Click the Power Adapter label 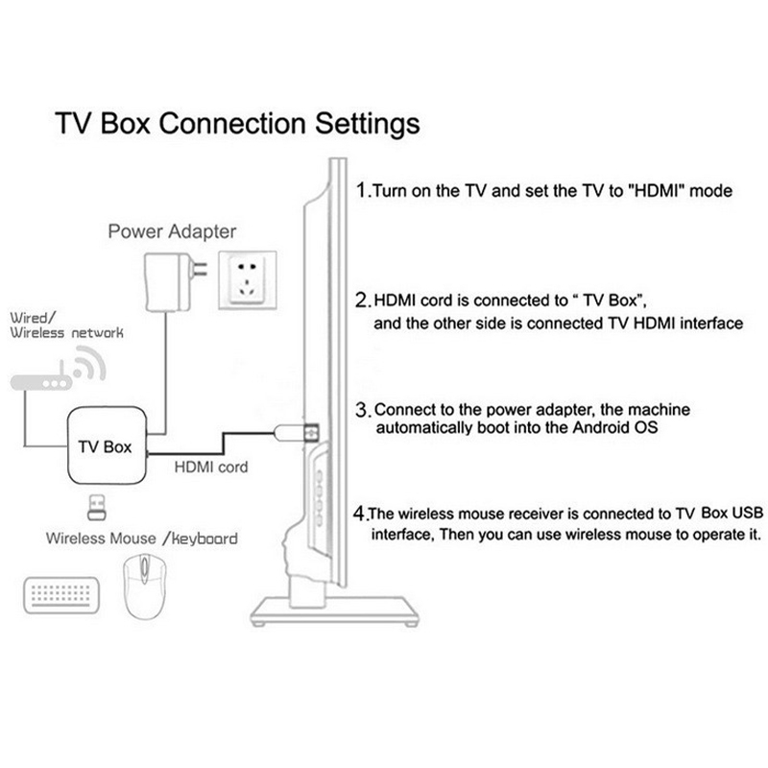pos(172,231)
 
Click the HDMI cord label pos(211,468)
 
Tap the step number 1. pos(361,190)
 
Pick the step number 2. pos(361,300)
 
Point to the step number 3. pos(362,409)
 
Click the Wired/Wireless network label pos(65,324)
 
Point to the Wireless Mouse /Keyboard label pos(141,539)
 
